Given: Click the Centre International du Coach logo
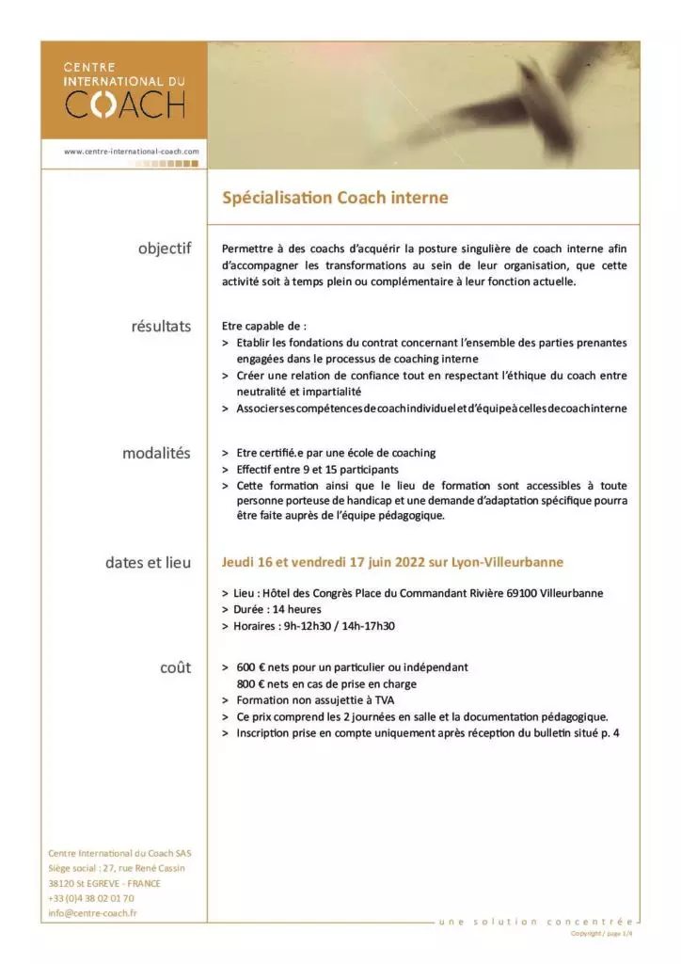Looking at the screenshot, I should (x=123, y=90).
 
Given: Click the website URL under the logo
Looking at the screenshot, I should (x=132, y=151).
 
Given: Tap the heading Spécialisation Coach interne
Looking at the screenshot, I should (x=335, y=198).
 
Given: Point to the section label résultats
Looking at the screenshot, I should (x=161, y=327).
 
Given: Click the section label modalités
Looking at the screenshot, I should (x=156, y=453).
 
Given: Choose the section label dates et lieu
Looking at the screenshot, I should (x=148, y=563).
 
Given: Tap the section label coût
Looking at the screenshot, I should (x=175, y=667).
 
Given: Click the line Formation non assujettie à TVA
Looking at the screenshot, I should (x=315, y=700).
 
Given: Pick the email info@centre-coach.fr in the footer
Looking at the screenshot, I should (x=93, y=913).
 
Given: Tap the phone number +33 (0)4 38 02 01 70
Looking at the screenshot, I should (x=90, y=898).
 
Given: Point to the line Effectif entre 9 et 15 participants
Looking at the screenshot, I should (x=317, y=469).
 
